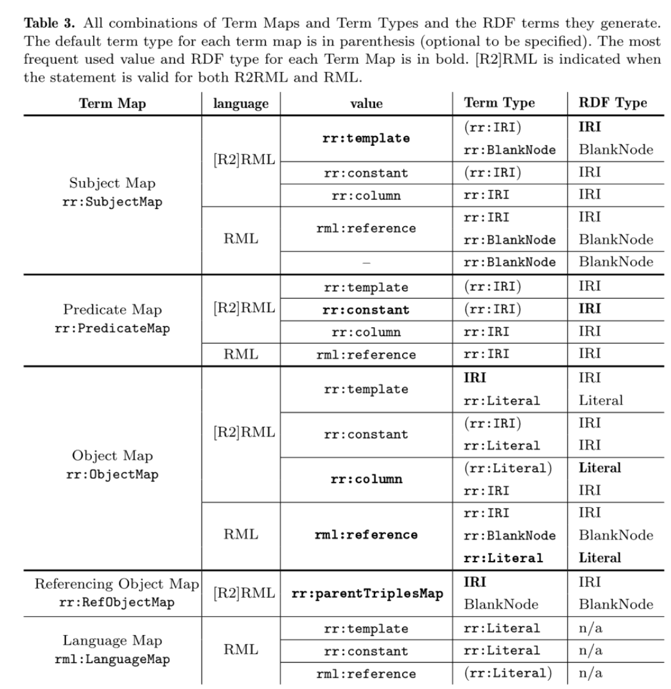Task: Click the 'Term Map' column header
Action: [x=112, y=103]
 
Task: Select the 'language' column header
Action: [x=241, y=103]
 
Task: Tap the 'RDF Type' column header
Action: [x=612, y=103]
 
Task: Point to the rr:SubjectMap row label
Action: [x=112, y=202]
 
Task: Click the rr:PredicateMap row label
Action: [x=112, y=328]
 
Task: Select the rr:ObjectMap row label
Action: [x=112, y=475]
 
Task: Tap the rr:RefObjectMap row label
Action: [x=116, y=603]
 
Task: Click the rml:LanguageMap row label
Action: [x=112, y=659]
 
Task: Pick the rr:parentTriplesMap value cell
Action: [x=367, y=594]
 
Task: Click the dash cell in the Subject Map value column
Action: [x=366, y=262]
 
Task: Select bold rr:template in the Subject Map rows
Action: [x=366, y=139]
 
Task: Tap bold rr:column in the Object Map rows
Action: [x=366, y=480]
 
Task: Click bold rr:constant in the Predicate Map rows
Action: [x=366, y=310]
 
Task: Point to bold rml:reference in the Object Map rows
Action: [x=366, y=535]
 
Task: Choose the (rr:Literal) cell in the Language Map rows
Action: [x=508, y=673]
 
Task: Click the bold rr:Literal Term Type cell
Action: [x=503, y=558]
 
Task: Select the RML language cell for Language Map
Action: [x=241, y=650]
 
